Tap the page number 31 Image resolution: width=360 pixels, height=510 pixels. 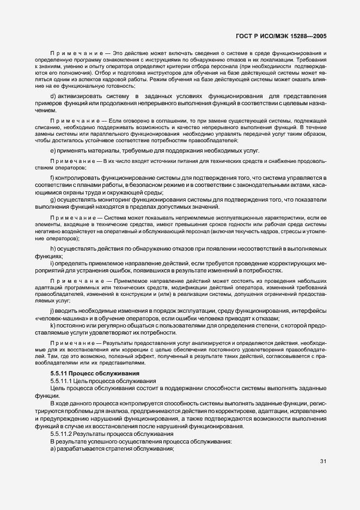(323, 462)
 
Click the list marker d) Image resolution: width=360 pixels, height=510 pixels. (53, 97)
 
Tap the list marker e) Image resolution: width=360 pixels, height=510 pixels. (52, 150)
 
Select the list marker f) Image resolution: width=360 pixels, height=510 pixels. (52, 178)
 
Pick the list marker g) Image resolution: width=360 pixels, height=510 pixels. (53, 199)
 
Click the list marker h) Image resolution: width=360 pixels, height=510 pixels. (53, 249)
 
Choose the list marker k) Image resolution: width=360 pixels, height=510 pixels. (52, 325)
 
